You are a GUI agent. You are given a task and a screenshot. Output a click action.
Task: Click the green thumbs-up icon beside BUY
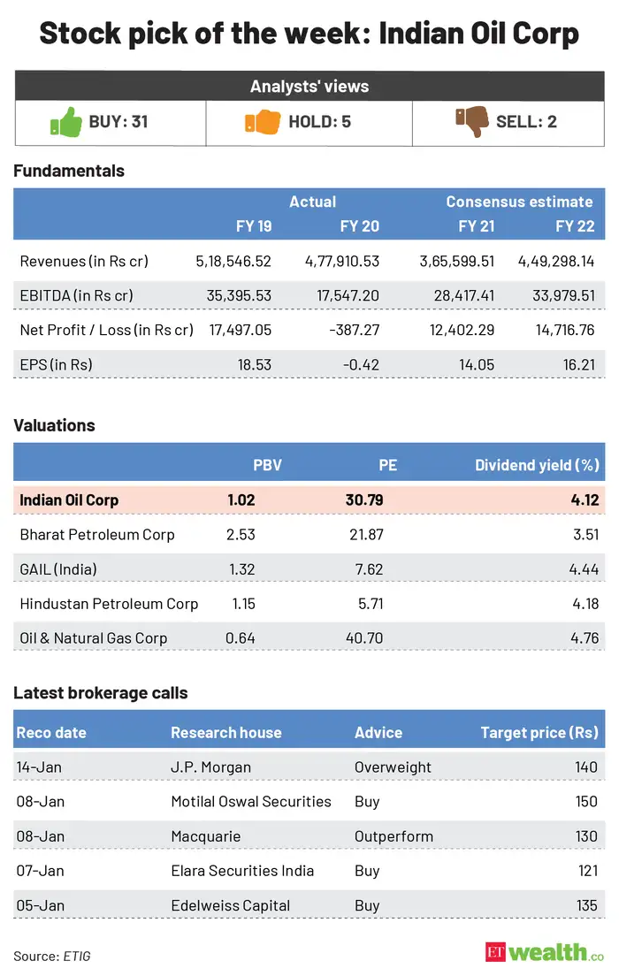click(65, 121)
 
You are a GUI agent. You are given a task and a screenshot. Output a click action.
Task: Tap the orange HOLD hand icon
click(262, 121)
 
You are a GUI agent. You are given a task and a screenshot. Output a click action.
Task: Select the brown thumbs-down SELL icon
click(471, 121)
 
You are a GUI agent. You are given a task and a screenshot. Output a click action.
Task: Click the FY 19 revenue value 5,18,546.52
click(233, 261)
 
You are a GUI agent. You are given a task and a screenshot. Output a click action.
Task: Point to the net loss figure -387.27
click(355, 330)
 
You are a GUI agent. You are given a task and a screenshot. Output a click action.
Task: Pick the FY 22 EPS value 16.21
click(576, 363)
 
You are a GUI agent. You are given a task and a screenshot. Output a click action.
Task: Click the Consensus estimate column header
click(519, 202)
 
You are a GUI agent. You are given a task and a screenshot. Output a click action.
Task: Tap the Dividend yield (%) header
click(536, 465)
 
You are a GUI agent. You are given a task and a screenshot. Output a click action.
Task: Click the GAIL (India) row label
click(58, 568)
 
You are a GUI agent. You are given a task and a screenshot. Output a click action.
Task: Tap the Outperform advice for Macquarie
click(394, 835)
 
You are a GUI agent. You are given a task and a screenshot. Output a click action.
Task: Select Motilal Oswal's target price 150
click(585, 801)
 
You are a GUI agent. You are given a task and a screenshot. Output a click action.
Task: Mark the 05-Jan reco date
click(40, 904)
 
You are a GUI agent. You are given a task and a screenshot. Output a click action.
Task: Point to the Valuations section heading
click(54, 425)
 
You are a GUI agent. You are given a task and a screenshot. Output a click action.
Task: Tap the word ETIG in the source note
click(77, 956)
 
